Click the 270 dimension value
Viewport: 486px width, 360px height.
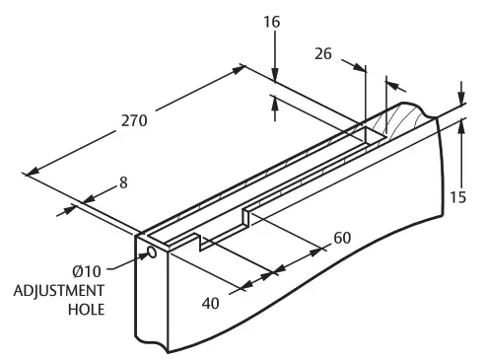pyautogui.click(x=134, y=120)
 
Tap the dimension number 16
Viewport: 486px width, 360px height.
pyautogui.click(x=272, y=22)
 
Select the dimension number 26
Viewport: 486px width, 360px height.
pyautogui.click(x=323, y=54)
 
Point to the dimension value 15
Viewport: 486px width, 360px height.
pyautogui.click(x=457, y=197)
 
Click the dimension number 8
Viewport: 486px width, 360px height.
pyautogui.click(x=123, y=182)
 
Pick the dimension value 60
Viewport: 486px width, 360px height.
pyautogui.click(x=342, y=238)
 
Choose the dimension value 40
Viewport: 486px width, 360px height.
pyautogui.click(x=211, y=304)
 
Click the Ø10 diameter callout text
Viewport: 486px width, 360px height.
pyautogui.click(x=87, y=271)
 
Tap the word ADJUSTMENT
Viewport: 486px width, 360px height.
pyautogui.click(x=59, y=291)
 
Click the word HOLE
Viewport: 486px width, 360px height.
pyautogui.click(x=87, y=310)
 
